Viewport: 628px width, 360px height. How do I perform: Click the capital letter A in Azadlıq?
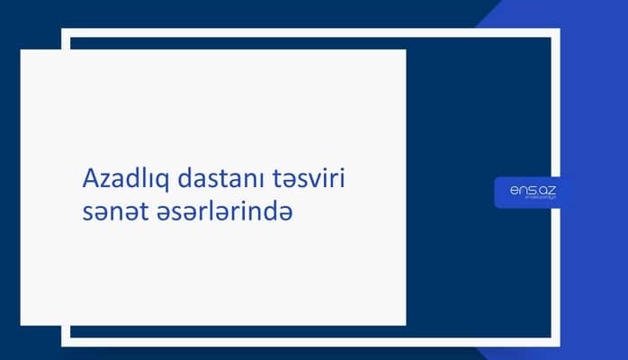point(88,179)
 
